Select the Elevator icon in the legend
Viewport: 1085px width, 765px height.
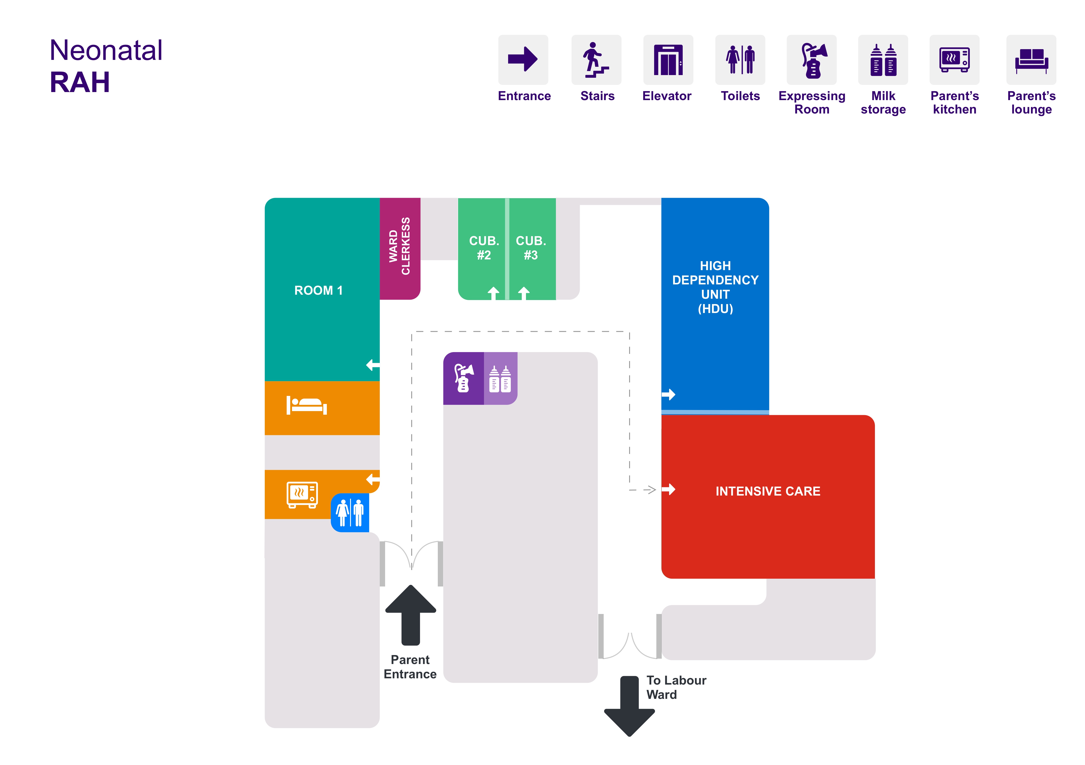[668, 60]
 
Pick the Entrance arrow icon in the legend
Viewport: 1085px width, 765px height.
[523, 59]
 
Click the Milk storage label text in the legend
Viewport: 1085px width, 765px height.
[883, 103]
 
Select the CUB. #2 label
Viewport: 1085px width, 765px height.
[484, 248]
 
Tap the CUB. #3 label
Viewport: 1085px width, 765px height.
[531, 248]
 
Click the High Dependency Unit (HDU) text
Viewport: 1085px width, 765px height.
[715, 287]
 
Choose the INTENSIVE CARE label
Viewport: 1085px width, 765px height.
[768, 491]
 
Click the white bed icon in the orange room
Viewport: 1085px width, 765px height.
[307, 406]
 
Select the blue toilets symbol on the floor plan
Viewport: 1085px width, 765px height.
[350, 513]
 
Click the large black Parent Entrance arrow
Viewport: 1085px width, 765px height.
[411, 615]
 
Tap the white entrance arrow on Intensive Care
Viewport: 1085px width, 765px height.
[668, 489]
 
